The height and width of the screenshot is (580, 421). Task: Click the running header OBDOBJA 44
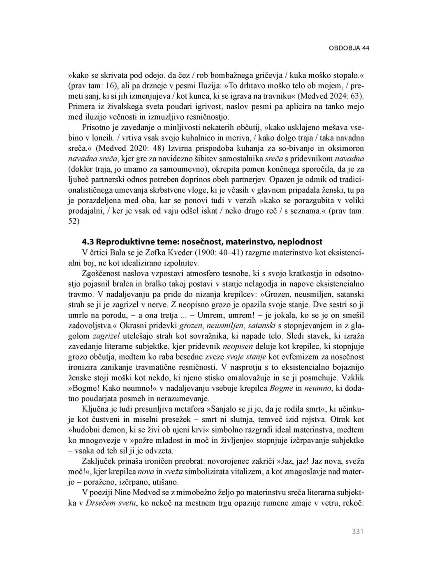tap(349, 48)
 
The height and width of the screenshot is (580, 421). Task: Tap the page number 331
tap(358, 532)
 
